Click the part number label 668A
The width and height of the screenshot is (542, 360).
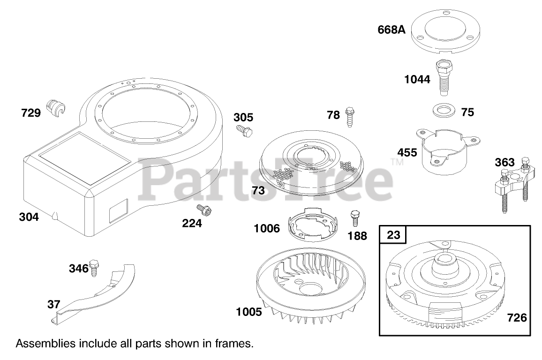391,30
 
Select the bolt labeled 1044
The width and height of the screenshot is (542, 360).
445,77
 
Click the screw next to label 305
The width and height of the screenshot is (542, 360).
244,131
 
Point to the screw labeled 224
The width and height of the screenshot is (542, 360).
204,210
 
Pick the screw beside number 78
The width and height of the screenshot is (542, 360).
350,117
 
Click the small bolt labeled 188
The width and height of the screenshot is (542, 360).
355,217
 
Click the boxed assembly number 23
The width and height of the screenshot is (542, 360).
393,235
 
